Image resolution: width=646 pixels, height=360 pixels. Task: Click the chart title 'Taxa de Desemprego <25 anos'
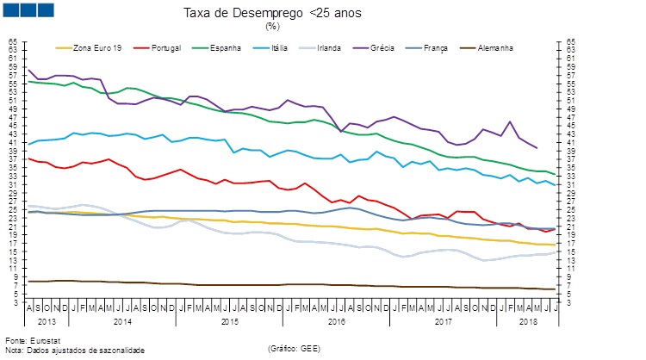point(272,14)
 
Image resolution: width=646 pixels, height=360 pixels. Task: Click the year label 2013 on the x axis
point(48,321)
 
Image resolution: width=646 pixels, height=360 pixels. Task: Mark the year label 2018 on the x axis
point(526,321)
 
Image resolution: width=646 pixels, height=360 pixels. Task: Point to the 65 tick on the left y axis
point(13,41)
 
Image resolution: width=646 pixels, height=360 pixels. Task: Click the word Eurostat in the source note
point(35,339)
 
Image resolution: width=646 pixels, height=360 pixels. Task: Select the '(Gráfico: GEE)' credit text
point(295,348)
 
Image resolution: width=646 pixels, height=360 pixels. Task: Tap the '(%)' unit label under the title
point(272,26)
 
